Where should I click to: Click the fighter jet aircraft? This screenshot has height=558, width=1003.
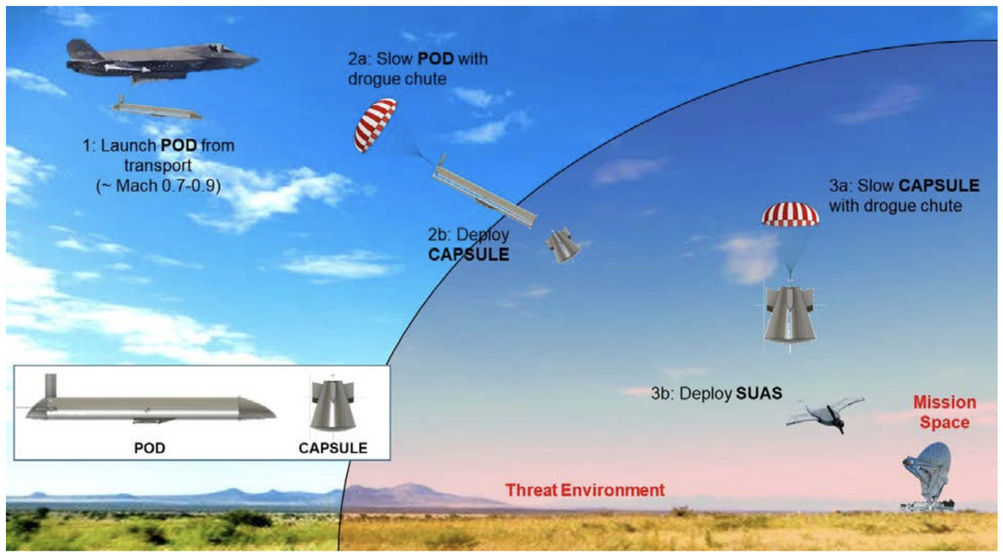tap(159, 61)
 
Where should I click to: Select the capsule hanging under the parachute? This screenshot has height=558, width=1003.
tap(789, 315)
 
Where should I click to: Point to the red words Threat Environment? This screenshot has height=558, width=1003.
tap(585, 490)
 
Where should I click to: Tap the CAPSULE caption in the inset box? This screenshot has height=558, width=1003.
tap(333, 448)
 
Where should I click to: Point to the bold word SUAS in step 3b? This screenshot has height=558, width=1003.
tap(758, 393)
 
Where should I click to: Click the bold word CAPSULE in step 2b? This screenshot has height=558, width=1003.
tap(468, 254)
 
